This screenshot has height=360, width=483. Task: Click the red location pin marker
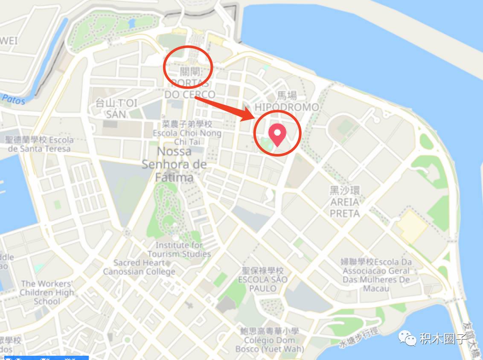(x=278, y=134)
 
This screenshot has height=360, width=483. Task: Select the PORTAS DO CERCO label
(x=190, y=89)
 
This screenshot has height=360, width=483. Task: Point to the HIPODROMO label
(x=286, y=107)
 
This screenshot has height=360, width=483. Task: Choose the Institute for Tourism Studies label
(x=183, y=250)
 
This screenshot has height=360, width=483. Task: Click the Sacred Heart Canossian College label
(x=139, y=267)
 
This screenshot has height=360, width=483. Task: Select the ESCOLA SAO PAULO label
(x=263, y=279)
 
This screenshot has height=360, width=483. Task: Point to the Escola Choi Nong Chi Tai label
(x=187, y=133)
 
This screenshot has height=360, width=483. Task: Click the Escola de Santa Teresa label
(x=39, y=144)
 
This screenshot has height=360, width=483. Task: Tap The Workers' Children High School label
(x=47, y=292)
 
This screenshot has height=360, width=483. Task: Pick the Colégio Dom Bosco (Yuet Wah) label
(x=269, y=340)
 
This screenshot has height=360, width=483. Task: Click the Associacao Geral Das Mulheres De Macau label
(x=376, y=275)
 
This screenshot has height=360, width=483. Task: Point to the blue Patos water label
(x=13, y=100)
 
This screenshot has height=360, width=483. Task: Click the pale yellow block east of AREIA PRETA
(x=411, y=226)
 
